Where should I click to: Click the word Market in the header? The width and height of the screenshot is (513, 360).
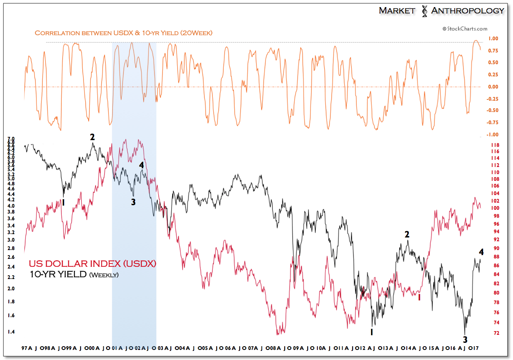pos(397,10)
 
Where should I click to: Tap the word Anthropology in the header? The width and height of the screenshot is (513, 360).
pos(467,10)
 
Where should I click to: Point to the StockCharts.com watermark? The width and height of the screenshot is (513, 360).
pos(465,29)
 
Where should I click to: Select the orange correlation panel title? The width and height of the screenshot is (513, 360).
pos(123,33)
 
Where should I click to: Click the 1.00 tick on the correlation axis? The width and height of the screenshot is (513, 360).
pos(493,39)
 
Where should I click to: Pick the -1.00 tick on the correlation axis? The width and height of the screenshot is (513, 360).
pos(492,134)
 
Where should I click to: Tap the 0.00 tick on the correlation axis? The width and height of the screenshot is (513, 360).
pos(493,87)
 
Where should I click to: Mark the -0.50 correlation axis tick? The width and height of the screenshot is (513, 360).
pos(492,110)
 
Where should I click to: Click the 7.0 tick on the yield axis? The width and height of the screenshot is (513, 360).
pos(11,139)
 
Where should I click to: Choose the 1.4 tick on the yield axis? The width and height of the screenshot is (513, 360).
pos(11,332)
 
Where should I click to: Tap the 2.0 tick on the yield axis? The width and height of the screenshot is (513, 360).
pos(11,289)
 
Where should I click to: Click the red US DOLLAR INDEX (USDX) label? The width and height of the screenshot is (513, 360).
pos(92,264)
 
